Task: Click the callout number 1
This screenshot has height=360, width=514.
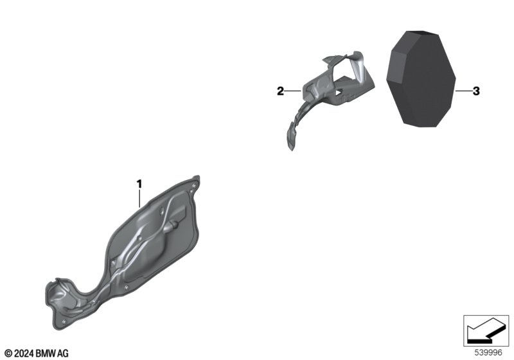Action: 139,184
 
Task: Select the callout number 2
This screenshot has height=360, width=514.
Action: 280,91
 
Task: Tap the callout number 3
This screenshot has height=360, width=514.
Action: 476,91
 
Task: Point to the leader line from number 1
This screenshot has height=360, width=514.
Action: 139,199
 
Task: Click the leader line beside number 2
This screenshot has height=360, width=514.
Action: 293,91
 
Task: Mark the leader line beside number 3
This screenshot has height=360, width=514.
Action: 463,91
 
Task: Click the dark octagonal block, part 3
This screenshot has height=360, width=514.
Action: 421,78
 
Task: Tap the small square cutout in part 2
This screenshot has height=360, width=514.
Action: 339,93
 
